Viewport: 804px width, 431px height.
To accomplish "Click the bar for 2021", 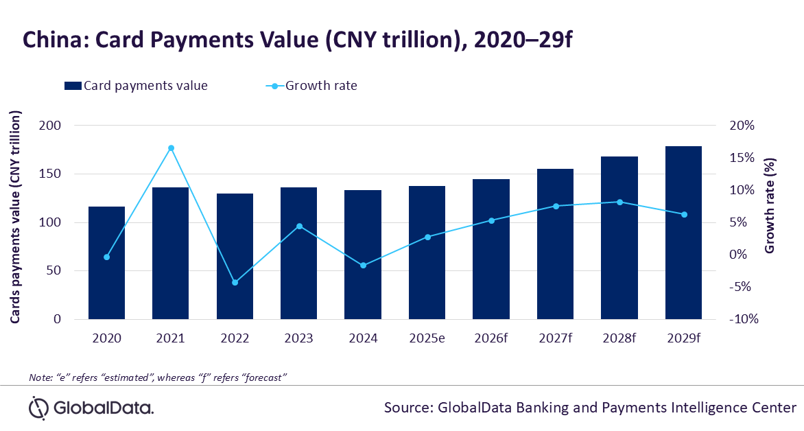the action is [x=171, y=253].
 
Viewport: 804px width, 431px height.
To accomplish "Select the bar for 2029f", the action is [x=683, y=233].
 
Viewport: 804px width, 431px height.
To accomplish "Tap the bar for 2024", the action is [x=363, y=255].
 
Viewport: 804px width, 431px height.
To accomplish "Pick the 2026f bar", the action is [x=491, y=249].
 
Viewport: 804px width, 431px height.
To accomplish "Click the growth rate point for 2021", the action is [x=172, y=148].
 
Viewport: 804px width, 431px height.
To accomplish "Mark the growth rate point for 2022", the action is [x=235, y=282].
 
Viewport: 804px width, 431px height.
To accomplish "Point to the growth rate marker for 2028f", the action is [x=620, y=202].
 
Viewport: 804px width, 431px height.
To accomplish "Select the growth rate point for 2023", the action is [x=300, y=226].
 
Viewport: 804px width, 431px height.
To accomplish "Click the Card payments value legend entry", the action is [x=136, y=86].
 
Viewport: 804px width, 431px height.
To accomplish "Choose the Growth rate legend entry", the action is [x=311, y=86].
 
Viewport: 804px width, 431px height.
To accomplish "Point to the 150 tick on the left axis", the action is [x=50, y=174].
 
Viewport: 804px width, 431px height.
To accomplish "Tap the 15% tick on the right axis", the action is [x=742, y=158].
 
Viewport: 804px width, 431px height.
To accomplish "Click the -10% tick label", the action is [x=744, y=319].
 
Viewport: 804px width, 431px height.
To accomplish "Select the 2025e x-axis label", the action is [x=427, y=338].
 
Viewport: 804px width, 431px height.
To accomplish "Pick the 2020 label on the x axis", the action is [x=106, y=338].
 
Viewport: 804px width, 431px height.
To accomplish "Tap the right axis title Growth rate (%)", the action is [x=770, y=206].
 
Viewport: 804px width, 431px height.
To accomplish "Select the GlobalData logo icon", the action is [x=38, y=408].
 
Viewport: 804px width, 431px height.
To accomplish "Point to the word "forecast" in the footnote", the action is [x=264, y=377].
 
